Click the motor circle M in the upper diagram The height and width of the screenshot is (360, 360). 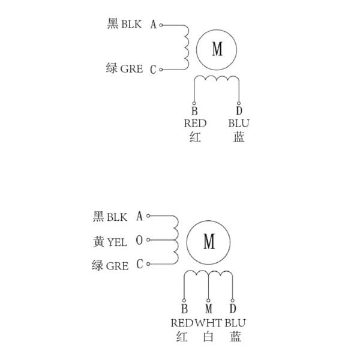217,49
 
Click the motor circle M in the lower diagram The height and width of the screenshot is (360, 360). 209,241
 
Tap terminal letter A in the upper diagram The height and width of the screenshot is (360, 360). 153,25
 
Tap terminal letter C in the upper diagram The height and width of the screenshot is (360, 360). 153,70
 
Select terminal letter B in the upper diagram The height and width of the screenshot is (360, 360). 194,111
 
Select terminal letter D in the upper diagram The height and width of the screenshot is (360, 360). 239,111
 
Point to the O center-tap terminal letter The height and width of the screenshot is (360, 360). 140,241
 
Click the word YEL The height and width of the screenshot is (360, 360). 117,242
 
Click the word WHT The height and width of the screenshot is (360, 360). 208,323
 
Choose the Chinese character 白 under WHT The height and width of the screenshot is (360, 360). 208,337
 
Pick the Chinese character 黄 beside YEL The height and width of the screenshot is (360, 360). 99,241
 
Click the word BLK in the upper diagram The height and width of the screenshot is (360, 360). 131,25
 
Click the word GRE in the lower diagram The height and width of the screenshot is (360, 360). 118,265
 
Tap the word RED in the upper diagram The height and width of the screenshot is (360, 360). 194,124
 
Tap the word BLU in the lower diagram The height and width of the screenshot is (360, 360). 235,323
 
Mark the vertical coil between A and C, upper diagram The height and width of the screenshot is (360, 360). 186,47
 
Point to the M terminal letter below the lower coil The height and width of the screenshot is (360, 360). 208,310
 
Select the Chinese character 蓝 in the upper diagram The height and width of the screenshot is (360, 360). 239,137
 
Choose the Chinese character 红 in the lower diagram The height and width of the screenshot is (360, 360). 183,337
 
